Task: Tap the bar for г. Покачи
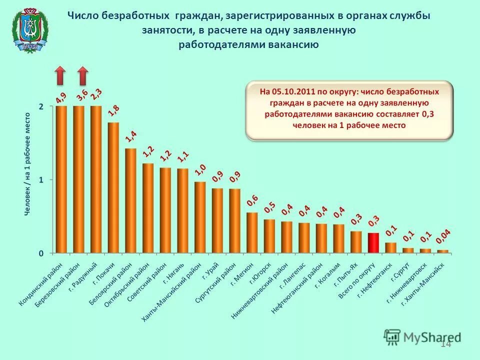point(113,187)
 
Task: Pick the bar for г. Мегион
point(252,232)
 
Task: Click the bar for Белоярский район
point(130,200)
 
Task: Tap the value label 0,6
point(252,201)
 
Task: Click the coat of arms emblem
point(30,30)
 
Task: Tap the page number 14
point(445,343)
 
